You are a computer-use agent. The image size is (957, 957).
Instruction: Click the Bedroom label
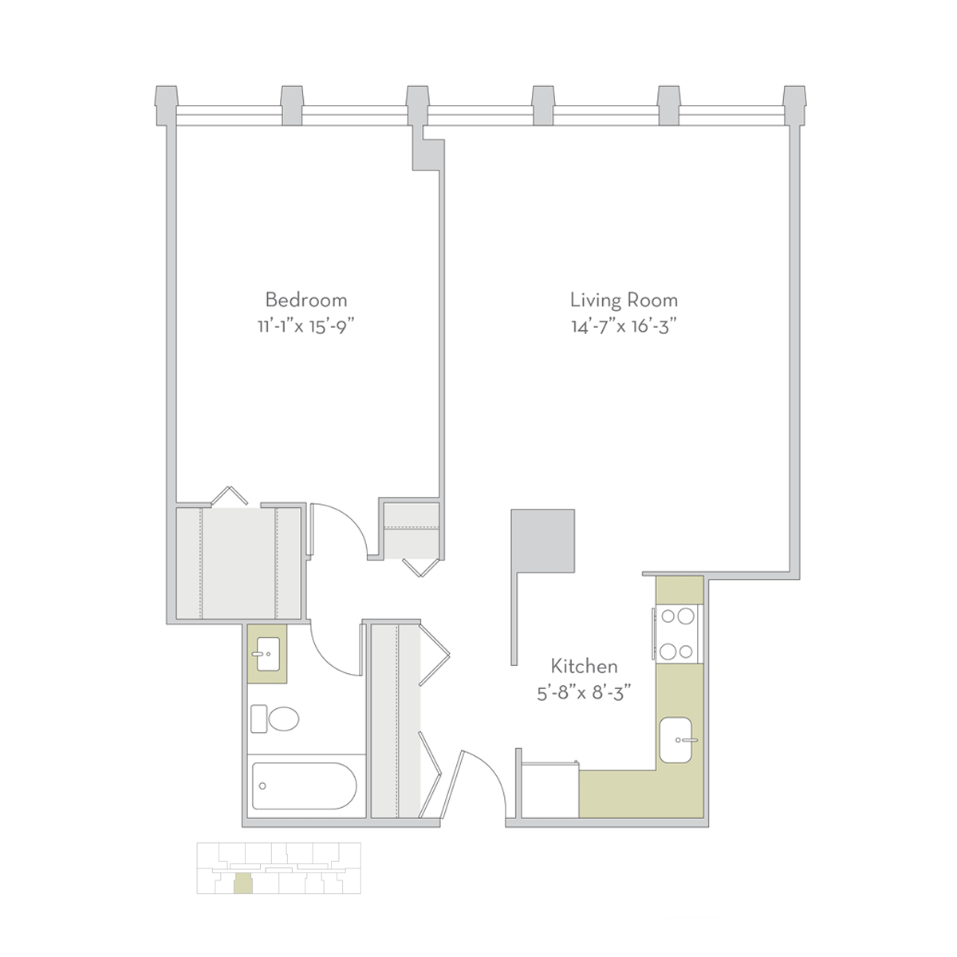[x=306, y=300]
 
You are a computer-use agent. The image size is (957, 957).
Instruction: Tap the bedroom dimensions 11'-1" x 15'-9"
[x=306, y=327]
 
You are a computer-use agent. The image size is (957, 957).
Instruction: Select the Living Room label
[x=624, y=300]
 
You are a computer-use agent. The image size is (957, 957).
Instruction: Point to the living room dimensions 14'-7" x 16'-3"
[x=624, y=327]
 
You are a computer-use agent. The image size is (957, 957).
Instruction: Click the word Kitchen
[x=584, y=667]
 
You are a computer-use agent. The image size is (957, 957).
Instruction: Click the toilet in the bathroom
[x=274, y=719]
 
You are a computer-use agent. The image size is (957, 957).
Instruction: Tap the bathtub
[x=304, y=786]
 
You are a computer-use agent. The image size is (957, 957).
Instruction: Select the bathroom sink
[x=268, y=654]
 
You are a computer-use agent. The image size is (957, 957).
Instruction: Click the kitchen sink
[x=676, y=740]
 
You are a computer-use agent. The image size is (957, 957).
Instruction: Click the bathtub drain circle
[x=262, y=786]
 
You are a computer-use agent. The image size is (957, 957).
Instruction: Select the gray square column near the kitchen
[x=543, y=541]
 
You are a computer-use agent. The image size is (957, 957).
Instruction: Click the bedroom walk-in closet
[x=238, y=563]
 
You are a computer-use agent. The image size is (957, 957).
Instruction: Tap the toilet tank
[x=258, y=719]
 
